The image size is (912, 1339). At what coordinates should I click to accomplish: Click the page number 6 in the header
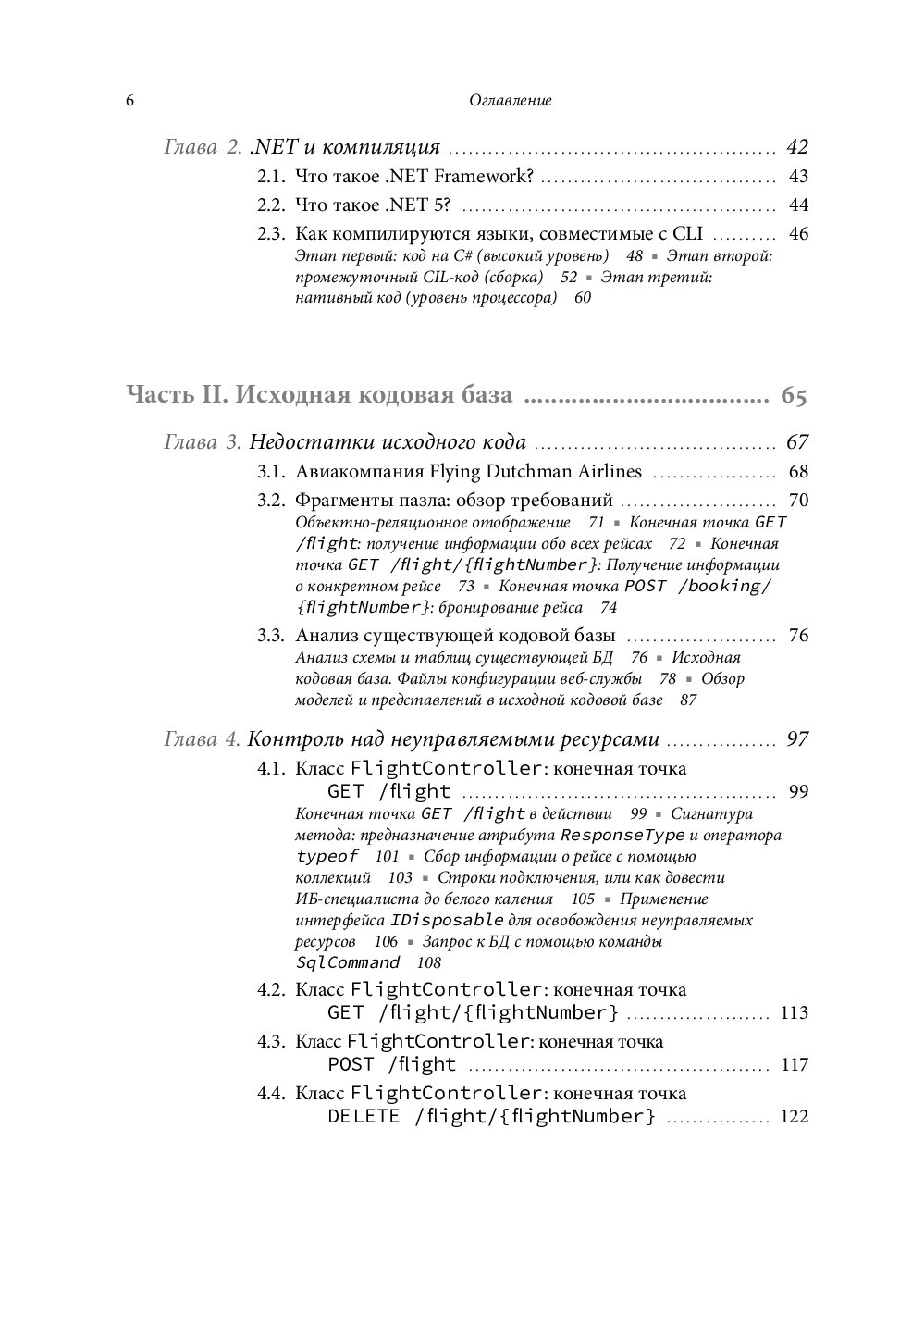129,101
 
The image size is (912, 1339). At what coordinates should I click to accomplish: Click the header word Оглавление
510,101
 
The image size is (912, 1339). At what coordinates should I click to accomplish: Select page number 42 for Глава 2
796,147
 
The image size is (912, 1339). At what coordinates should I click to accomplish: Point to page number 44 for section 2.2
798,205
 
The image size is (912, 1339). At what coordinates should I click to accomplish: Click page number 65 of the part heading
794,396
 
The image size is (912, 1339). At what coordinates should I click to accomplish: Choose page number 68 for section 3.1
798,472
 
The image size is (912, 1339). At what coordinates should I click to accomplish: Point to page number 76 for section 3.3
798,636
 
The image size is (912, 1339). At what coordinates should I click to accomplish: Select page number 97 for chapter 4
796,739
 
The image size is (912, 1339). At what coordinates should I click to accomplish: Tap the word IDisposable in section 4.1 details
447,921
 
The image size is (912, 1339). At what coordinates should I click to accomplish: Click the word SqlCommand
348,963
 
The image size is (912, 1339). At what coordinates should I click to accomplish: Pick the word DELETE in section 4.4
364,1117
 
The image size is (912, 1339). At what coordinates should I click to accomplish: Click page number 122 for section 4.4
794,1117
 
